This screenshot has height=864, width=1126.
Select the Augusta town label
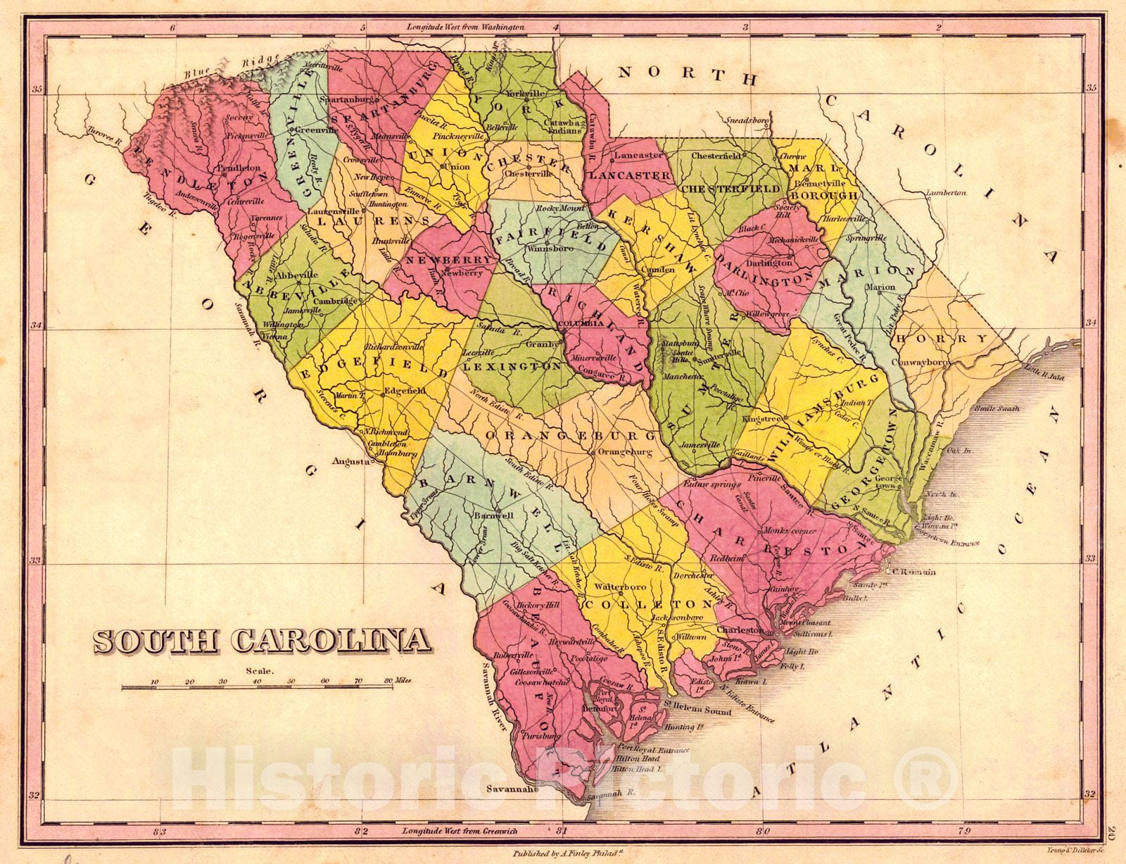pos(351,463)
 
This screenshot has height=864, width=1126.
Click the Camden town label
pos(661,270)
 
